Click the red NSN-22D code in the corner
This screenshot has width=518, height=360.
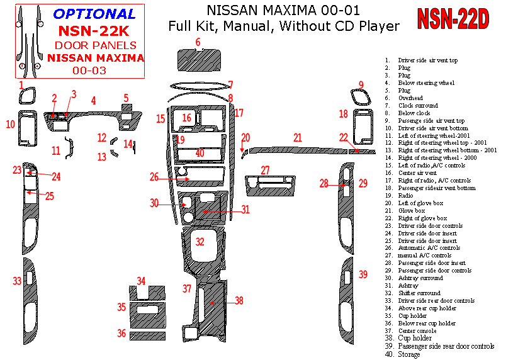[x=453, y=20]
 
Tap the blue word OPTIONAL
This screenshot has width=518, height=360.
[x=94, y=14]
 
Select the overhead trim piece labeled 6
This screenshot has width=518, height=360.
[x=197, y=60]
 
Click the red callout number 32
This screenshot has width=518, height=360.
[x=200, y=242]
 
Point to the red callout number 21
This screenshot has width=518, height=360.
[x=297, y=137]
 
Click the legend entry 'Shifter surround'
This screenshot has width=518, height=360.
[x=419, y=293]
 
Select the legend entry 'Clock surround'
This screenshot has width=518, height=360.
[x=418, y=106]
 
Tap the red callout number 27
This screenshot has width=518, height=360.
[x=266, y=171]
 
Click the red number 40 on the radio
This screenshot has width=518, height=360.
[x=200, y=153]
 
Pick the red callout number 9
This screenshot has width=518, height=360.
[x=361, y=85]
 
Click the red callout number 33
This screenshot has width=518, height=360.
[x=18, y=281]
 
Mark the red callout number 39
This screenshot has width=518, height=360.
[x=363, y=274]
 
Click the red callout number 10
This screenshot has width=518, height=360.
[x=10, y=125]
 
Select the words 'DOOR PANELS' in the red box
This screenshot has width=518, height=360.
[x=95, y=45]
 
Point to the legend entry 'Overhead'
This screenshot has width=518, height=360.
[x=410, y=98]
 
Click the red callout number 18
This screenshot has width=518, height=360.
[x=344, y=114]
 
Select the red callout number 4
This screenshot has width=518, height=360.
[x=93, y=101]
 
